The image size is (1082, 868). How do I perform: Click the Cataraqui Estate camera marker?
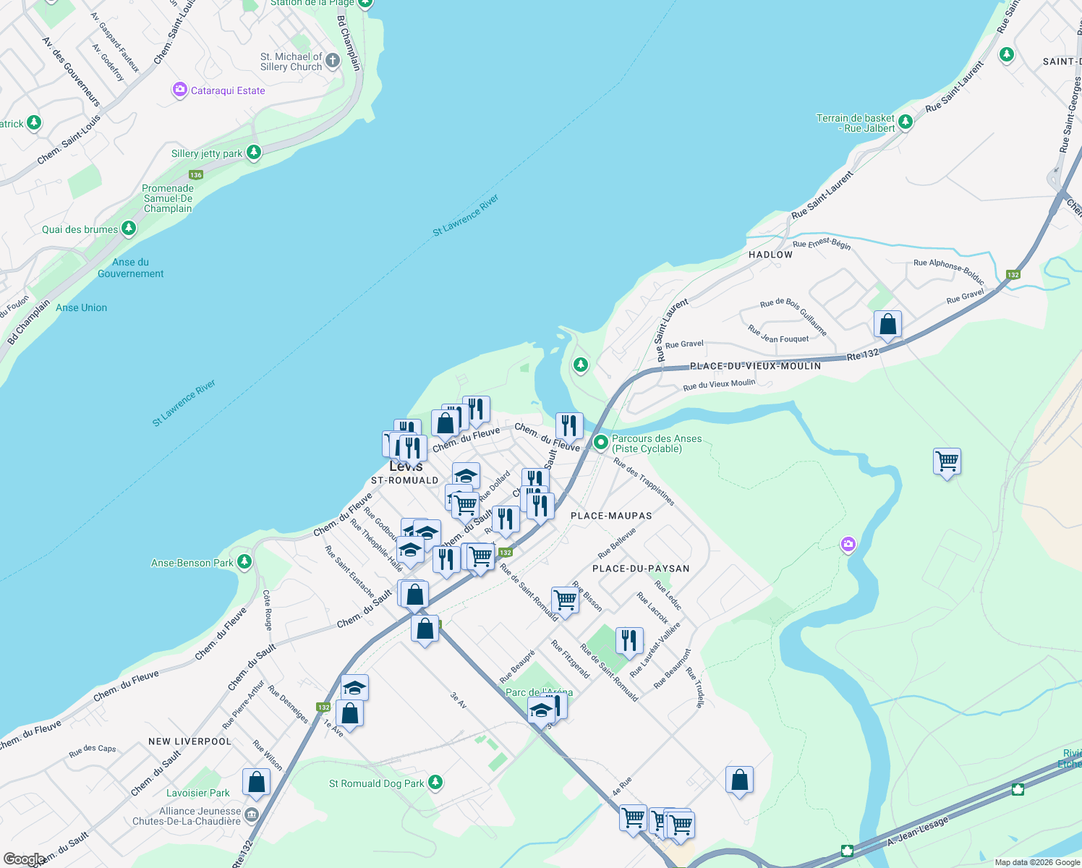[x=179, y=90]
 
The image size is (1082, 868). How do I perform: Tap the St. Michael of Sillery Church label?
[x=291, y=61]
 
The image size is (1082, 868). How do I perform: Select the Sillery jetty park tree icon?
[x=253, y=153]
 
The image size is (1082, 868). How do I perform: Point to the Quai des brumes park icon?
[x=129, y=229]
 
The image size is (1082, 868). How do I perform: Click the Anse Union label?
[x=81, y=307]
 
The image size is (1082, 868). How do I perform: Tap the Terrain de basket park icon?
[x=905, y=122]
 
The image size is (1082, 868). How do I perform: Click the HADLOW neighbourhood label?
[x=770, y=255]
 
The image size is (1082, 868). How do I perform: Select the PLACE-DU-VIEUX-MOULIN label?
[x=755, y=366]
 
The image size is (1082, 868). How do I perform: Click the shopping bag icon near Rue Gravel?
[x=887, y=325]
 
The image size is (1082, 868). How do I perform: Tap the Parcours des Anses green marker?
[x=600, y=442]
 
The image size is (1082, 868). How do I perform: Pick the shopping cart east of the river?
[x=947, y=461]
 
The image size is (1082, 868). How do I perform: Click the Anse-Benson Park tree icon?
[x=244, y=561]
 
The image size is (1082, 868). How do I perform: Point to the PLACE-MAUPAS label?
[x=611, y=516]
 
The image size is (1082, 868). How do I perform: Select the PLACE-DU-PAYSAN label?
[x=641, y=569]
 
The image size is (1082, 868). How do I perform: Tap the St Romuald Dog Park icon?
[x=435, y=782]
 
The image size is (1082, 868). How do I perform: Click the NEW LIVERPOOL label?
[x=189, y=741]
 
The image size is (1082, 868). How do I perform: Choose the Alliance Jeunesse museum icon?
[x=251, y=815]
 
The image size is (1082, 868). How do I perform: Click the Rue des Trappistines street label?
[x=644, y=482]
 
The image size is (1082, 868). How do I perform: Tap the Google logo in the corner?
[x=23, y=859]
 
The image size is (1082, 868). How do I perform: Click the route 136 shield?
[x=196, y=175]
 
